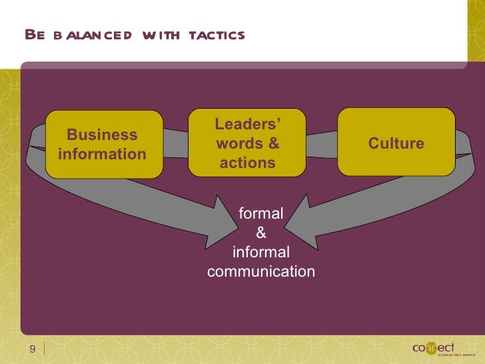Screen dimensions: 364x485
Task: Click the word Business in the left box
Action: (102, 135)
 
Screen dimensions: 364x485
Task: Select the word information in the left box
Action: (102, 154)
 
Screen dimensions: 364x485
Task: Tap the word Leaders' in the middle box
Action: (247, 125)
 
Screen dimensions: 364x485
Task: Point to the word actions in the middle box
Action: (247, 163)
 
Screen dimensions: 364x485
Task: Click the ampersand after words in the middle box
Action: (273, 144)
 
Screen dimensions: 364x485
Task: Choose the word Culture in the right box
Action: (396, 143)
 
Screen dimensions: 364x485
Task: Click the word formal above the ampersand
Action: (261, 214)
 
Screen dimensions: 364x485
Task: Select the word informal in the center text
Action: (261, 253)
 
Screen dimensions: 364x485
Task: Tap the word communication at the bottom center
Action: (261, 272)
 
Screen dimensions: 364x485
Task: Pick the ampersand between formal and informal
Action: (261, 233)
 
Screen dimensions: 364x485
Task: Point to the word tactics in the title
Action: (217, 35)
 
